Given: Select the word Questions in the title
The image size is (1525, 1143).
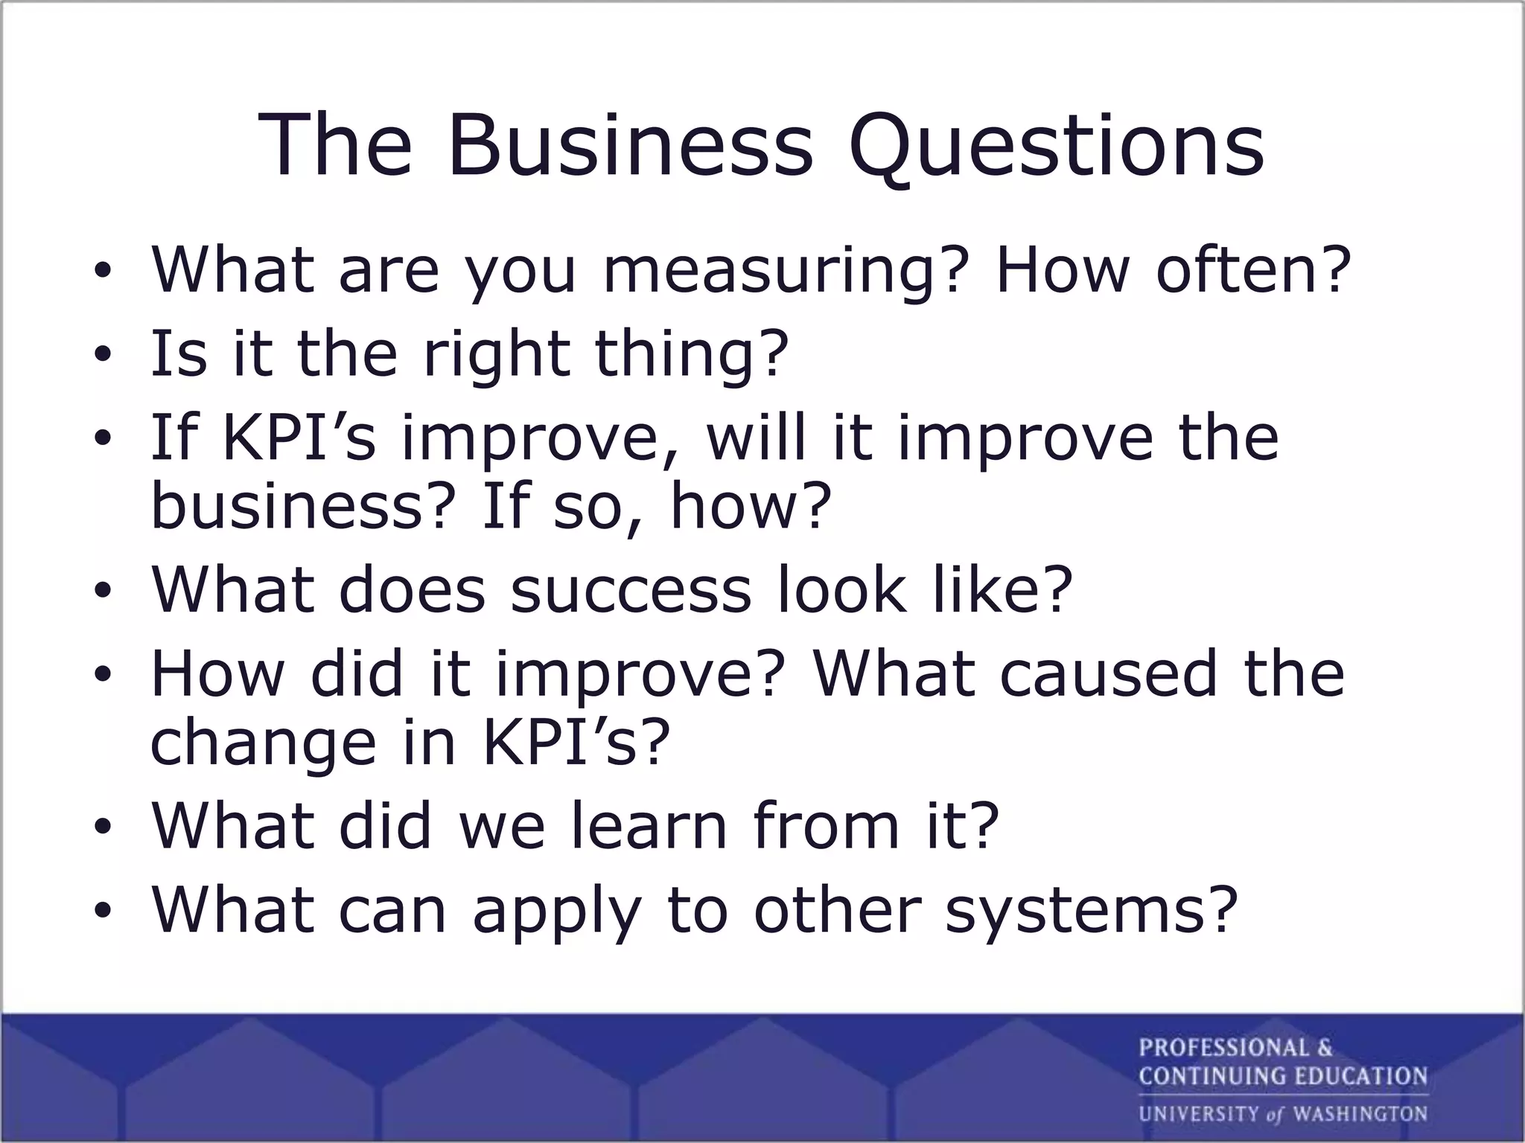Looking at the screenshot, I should [1056, 147].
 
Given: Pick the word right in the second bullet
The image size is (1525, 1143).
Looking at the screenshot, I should [496, 356].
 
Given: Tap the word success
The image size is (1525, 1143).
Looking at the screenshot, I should [630, 589].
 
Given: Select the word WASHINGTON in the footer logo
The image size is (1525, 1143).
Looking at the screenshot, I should [1360, 1114].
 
